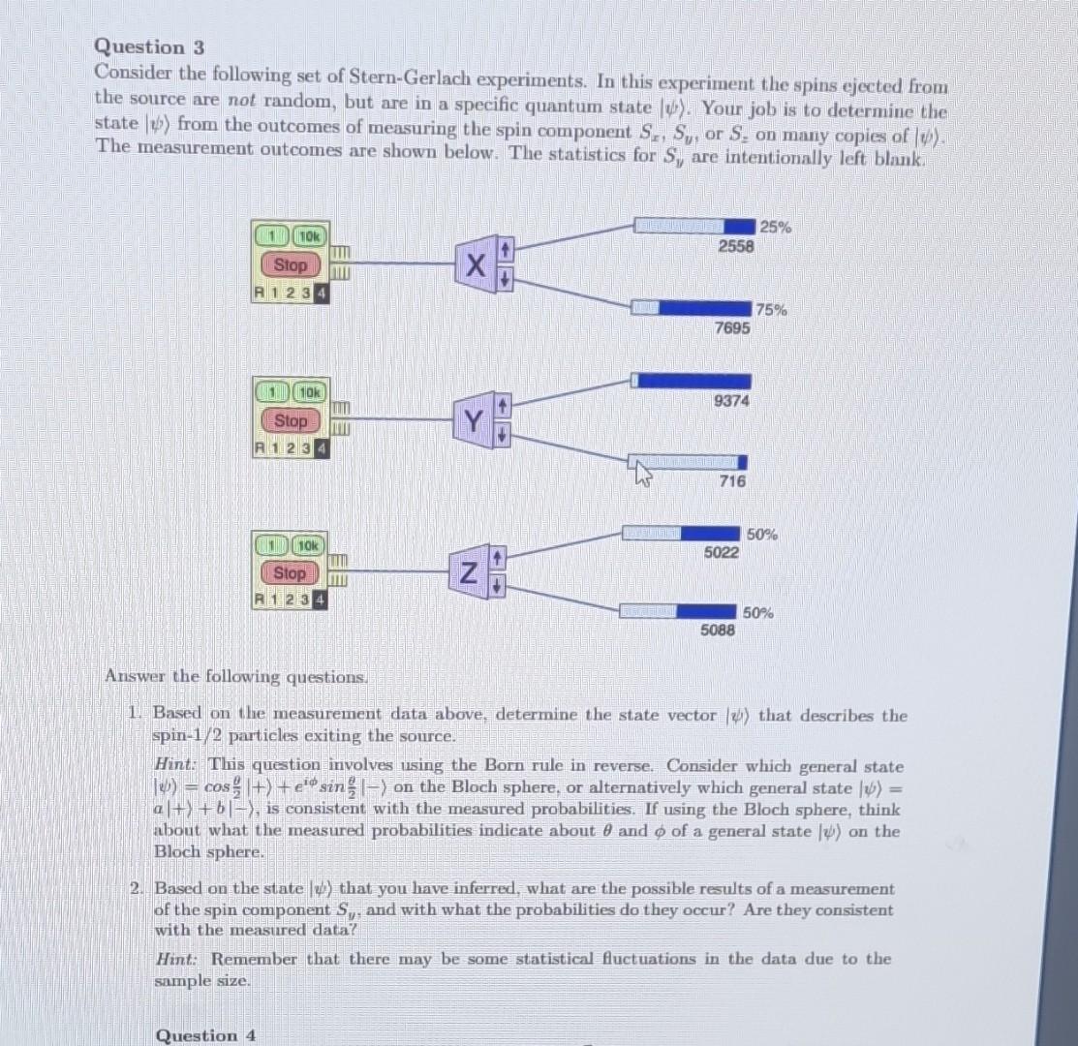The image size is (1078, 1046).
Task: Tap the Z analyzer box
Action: [x=468, y=573]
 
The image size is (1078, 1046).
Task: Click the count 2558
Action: [x=735, y=247]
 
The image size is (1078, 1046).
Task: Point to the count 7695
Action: [x=731, y=328]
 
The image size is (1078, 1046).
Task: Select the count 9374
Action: [x=730, y=401]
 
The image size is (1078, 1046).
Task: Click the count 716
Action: [x=733, y=481]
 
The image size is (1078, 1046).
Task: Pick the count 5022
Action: [x=722, y=553]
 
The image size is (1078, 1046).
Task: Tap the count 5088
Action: [x=718, y=631]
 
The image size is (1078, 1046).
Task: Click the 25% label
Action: [x=775, y=228]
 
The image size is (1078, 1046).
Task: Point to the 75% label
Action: [x=772, y=310]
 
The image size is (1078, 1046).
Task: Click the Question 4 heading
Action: [x=205, y=1035]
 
